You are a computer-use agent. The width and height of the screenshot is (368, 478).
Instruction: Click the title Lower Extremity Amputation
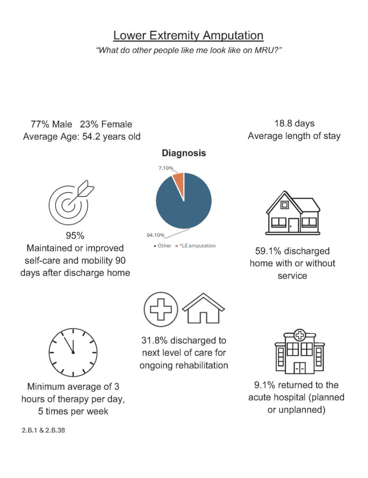click(x=188, y=35)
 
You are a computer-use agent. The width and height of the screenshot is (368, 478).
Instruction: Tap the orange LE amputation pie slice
click(x=179, y=179)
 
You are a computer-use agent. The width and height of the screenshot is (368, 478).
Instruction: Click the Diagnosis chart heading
click(x=184, y=153)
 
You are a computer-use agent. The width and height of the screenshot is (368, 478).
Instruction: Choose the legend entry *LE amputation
click(x=197, y=246)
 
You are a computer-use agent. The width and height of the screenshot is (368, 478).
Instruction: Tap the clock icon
click(x=73, y=353)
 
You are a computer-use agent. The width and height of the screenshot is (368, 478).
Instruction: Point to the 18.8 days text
click(x=294, y=124)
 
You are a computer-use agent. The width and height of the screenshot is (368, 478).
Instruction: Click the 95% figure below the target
click(x=75, y=235)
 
